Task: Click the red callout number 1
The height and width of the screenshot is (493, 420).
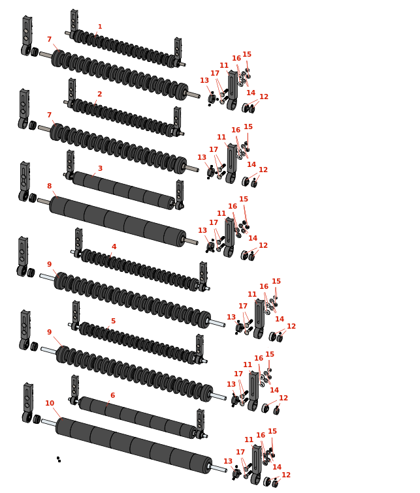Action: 100,27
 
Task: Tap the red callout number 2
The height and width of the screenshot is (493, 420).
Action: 99,94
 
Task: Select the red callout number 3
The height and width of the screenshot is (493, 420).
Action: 100,168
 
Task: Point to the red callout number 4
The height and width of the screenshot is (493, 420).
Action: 114,246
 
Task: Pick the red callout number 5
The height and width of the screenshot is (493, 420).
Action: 114,321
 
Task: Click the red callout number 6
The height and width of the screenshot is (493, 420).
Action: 113,395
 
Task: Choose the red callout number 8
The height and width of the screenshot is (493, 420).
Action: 50,186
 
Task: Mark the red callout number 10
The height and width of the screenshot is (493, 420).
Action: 50,403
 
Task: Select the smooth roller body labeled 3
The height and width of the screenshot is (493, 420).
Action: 123,190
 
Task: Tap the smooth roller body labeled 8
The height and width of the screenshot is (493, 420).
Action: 118,221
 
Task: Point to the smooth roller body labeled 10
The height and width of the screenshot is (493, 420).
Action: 134,445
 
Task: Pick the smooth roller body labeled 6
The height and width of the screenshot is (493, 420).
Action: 137,417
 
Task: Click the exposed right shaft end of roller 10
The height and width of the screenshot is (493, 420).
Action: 219,468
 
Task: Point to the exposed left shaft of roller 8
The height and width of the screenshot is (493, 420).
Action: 44,201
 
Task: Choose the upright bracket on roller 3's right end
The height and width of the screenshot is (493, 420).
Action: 180,194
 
